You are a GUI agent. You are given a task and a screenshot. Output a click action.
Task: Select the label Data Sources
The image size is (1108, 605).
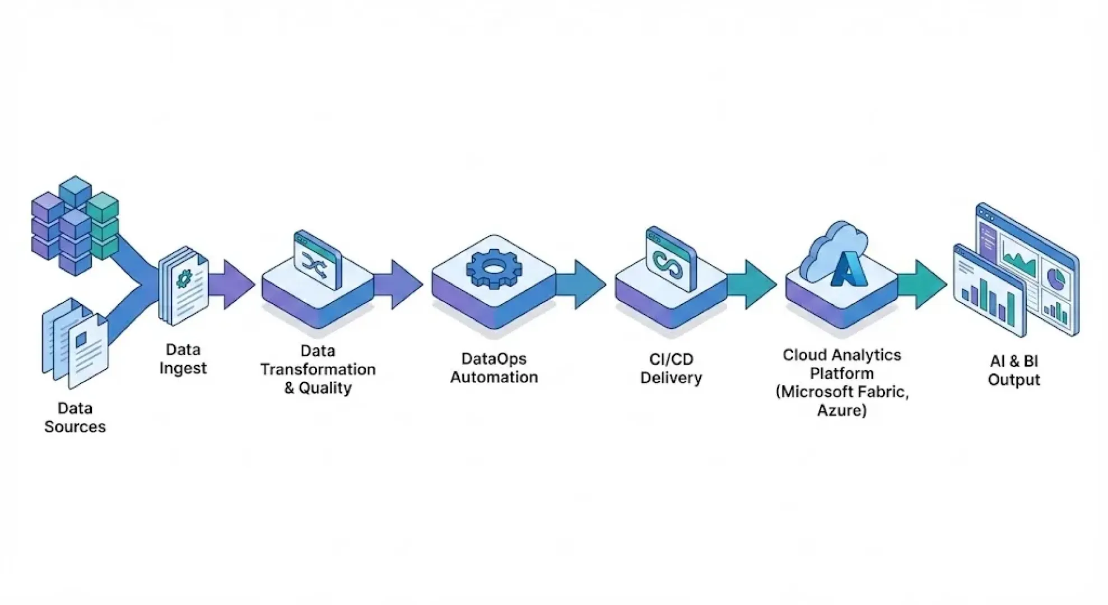(75, 417)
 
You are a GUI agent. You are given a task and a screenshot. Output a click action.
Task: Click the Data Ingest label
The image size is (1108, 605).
(183, 359)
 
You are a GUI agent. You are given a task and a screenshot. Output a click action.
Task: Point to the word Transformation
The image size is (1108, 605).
(318, 370)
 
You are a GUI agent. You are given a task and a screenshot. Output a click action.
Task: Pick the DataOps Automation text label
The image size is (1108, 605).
(494, 368)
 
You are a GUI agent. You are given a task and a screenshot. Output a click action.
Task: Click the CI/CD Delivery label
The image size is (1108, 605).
(671, 369)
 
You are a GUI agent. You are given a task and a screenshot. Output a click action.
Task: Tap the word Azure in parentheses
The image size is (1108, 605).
(841, 411)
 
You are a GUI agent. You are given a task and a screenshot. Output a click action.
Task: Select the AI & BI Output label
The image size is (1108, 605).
(1013, 370)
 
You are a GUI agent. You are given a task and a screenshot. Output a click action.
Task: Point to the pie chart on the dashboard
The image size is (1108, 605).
(1055, 279)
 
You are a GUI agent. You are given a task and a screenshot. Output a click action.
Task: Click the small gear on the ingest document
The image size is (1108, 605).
(184, 278)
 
